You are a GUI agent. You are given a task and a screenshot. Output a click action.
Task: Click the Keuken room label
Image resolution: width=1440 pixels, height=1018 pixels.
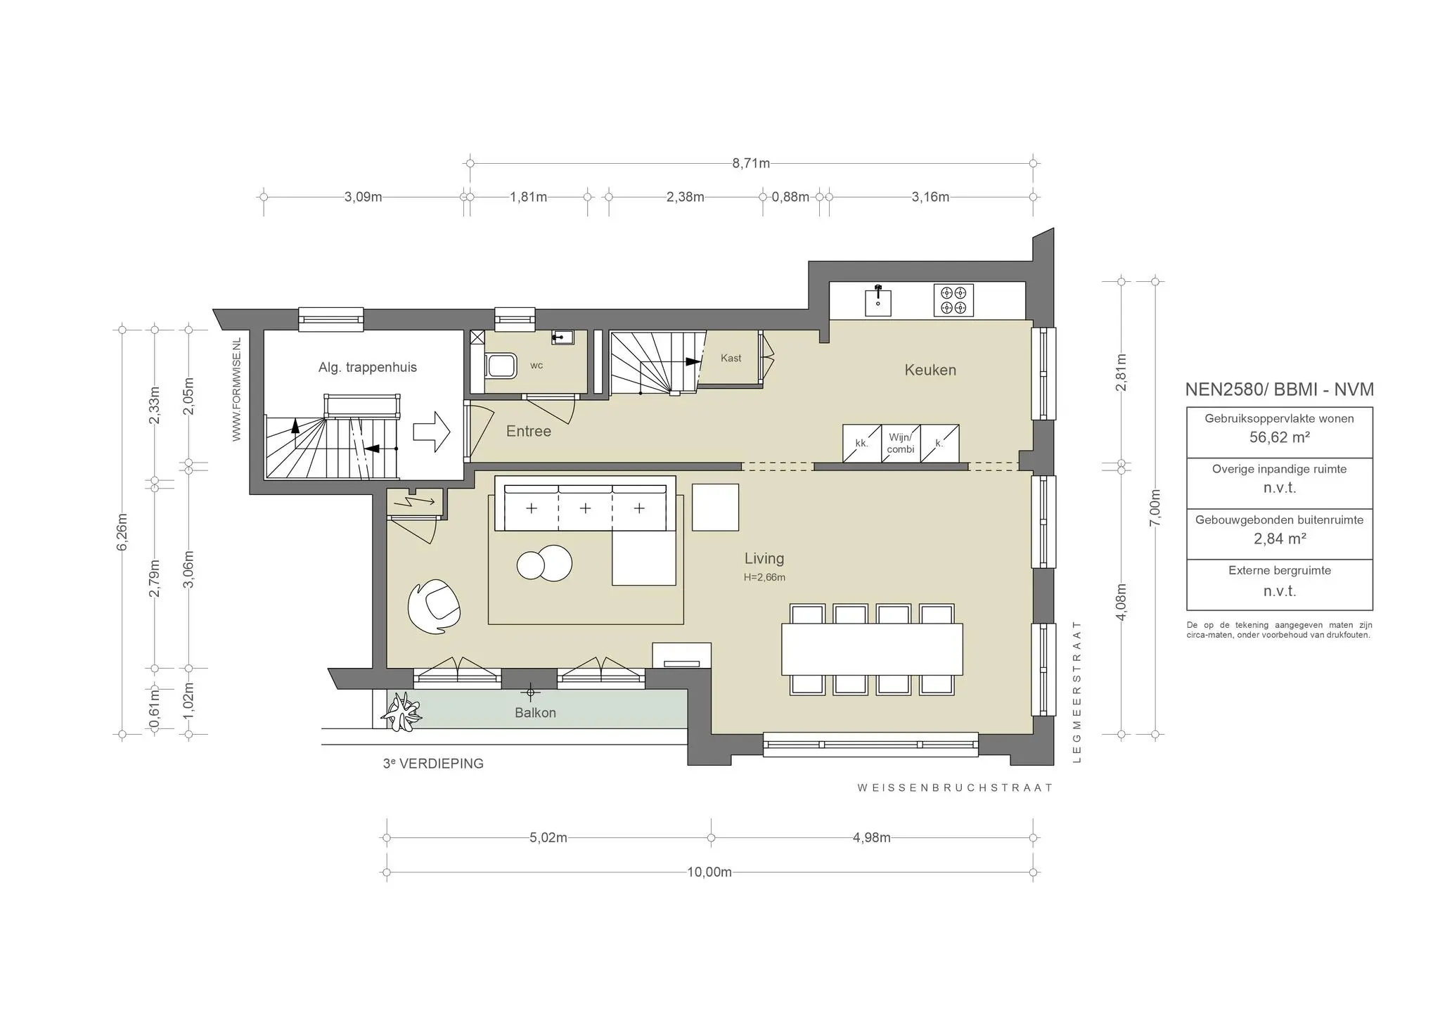(930, 370)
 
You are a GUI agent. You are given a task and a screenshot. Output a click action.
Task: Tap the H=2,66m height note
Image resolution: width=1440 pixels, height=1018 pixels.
(764, 577)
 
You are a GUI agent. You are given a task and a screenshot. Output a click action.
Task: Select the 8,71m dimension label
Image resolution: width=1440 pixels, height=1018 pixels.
(750, 164)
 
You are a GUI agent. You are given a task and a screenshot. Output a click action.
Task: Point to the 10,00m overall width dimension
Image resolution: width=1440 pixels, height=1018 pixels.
(709, 872)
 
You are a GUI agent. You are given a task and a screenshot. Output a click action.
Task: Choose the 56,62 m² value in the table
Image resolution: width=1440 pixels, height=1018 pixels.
(1279, 437)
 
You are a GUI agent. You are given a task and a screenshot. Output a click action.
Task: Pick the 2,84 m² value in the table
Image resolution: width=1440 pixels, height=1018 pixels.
(1279, 539)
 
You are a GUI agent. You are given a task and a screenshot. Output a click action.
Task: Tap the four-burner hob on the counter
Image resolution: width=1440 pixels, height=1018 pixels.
(953, 300)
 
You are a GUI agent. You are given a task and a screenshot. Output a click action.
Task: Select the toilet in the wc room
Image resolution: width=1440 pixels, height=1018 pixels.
(501, 366)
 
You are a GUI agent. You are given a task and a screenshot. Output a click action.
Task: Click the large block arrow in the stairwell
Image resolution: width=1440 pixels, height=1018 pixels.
(431, 431)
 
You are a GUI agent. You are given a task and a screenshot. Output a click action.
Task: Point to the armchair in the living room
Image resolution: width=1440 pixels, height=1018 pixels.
(434, 607)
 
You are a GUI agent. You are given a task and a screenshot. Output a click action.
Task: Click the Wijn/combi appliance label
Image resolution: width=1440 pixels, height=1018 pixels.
(901, 443)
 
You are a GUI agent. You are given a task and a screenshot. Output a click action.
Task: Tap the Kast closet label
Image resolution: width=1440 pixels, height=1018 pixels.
(731, 358)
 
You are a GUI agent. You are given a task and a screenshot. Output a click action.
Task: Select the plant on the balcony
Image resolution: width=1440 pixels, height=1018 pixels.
(402, 711)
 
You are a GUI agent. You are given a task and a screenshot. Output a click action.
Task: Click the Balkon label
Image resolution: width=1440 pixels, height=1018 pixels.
(535, 712)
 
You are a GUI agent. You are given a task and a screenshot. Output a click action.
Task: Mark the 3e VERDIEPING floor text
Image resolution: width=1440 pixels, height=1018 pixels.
(433, 763)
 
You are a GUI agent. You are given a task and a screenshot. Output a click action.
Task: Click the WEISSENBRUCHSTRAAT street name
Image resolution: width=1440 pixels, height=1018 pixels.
(954, 787)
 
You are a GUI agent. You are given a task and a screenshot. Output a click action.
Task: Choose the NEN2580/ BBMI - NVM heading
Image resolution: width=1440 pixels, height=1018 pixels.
(1279, 389)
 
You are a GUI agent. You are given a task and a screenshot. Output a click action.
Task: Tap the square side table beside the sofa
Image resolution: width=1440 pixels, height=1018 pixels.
(715, 507)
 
